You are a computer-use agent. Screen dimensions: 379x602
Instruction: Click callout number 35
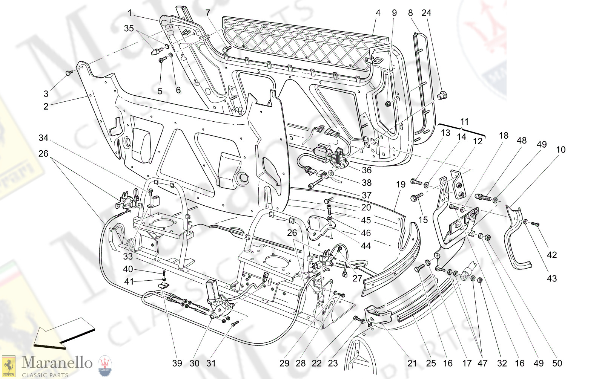coord(129,28)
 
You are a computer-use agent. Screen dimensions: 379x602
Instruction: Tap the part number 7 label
coord(208,13)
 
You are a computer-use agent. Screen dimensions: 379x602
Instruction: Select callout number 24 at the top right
coord(426,13)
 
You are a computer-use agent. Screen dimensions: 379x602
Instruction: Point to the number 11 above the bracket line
coord(464,122)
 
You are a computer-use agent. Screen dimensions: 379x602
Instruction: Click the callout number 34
coord(43,138)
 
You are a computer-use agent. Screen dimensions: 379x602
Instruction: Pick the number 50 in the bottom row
coord(557,363)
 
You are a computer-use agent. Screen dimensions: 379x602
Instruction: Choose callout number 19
coord(401,184)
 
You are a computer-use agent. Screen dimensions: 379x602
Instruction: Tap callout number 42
coord(552,255)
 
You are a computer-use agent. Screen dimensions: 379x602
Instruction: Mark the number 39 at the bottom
coord(177,363)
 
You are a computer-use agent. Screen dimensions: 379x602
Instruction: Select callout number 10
coord(561,150)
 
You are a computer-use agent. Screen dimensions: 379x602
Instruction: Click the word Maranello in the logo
coord(57,362)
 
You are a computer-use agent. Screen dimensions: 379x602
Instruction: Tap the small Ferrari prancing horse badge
coord(8,366)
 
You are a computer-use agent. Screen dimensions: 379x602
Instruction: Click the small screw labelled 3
coord(69,72)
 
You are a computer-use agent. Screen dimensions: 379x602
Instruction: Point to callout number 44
coord(366,246)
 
